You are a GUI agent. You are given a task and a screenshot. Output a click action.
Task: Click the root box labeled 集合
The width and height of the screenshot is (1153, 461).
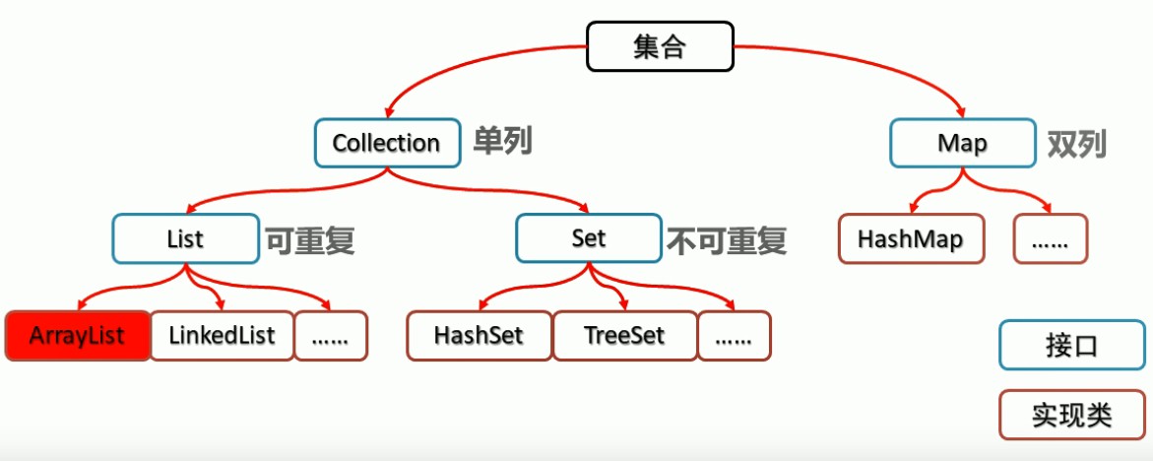tap(661, 46)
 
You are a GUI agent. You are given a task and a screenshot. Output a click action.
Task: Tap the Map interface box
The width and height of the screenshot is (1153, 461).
tap(963, 144)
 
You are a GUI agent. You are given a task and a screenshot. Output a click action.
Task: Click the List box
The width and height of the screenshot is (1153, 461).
tap(186, 239)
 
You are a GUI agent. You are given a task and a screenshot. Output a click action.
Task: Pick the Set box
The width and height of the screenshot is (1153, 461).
tap(589, 239)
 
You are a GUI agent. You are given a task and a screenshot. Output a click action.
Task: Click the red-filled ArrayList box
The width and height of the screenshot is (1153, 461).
tap(77, 336)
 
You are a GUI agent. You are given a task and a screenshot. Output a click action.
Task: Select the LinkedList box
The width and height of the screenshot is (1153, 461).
tap(223, 336)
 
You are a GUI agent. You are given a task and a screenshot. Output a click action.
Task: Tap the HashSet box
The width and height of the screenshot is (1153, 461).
tap(479, 336)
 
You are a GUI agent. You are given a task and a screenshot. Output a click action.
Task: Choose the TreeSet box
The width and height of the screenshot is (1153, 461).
tap(624, 336)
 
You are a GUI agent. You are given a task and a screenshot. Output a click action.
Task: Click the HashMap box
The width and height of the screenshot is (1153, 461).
tap(911, 239)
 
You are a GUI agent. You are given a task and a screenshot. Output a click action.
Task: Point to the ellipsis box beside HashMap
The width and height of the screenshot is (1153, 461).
tap(1050, 239)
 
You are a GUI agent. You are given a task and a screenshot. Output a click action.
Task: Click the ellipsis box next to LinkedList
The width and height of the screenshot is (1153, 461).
tap(330, 336)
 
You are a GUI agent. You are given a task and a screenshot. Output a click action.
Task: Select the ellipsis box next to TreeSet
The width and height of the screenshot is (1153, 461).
tap(734, 336)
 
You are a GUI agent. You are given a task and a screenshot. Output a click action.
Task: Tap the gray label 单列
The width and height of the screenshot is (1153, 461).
tap(501, 141)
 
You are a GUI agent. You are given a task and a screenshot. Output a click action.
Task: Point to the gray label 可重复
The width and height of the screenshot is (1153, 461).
tap(310, 240)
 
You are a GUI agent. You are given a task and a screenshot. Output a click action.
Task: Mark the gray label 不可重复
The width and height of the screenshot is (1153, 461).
tap(728, 240)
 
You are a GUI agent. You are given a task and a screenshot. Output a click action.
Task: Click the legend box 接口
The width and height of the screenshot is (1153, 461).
tap(1071, 345)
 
